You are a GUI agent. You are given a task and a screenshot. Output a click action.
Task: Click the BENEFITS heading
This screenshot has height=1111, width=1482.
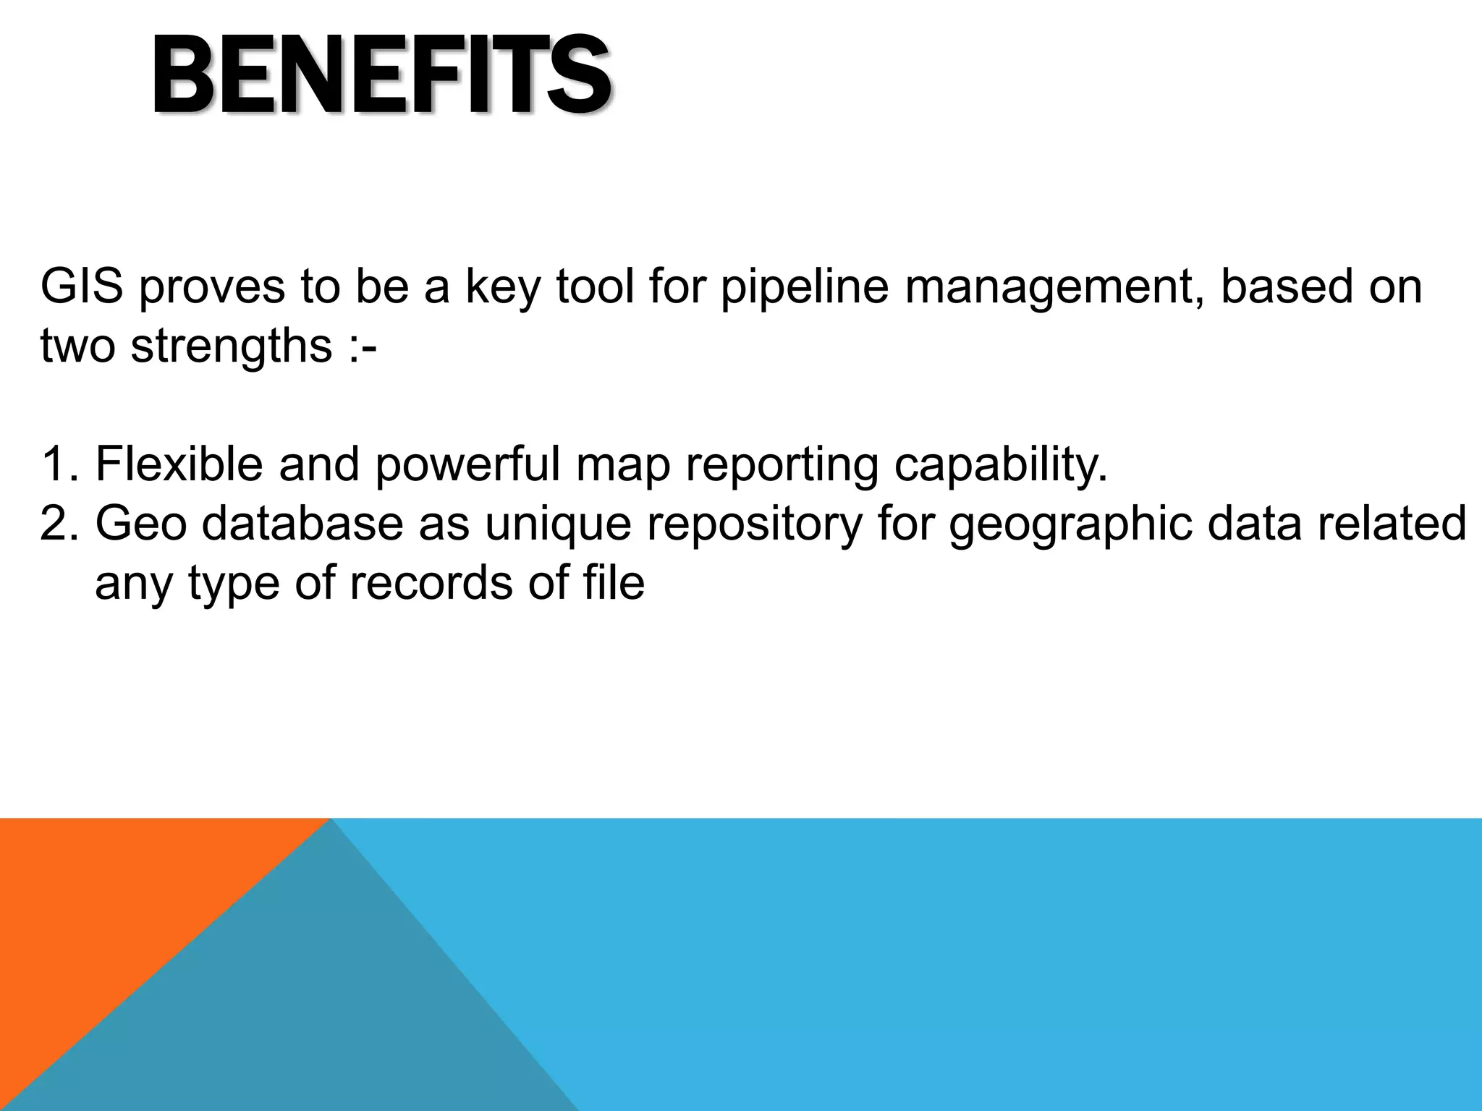pyautogui.click(x=381, y=76)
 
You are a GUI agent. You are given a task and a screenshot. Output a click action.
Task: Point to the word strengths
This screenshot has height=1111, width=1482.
pyautogui.click(x=231, y=346)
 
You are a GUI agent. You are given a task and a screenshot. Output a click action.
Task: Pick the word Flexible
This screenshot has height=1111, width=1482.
pyautogui.click(x=179, y=464)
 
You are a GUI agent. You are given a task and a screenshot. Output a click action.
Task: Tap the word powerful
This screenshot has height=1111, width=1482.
pyautogui.click(x=467, y=464)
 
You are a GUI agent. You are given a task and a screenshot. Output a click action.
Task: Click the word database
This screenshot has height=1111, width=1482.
pyautogui.click(x=302, y=524)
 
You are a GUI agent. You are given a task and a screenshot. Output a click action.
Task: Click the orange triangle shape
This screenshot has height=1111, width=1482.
pyautogui.click(x=109, y=911)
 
